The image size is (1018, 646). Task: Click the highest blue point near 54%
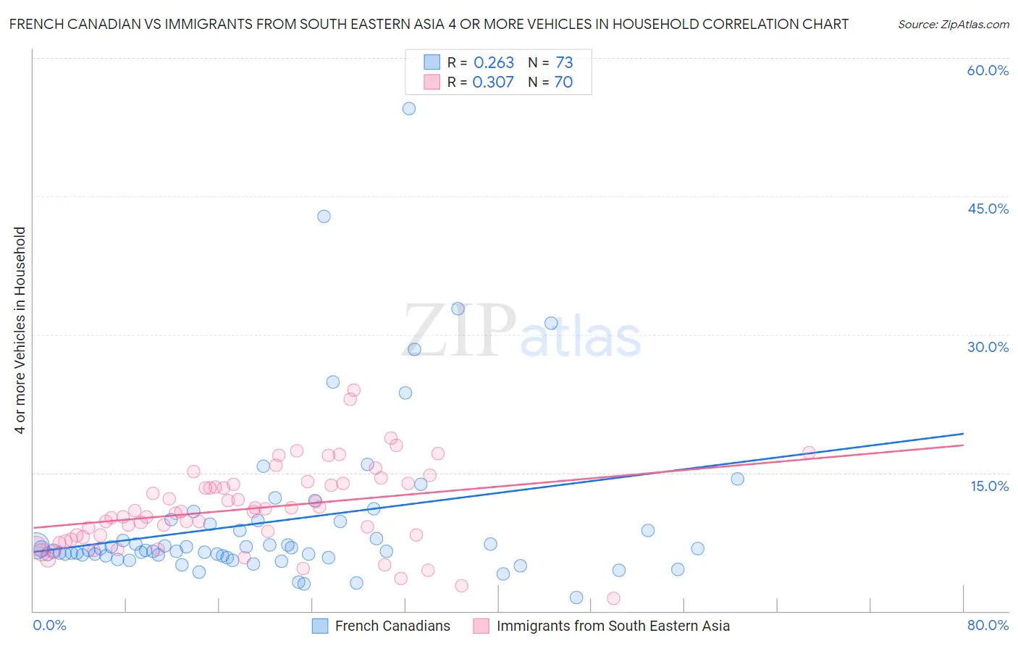pyautogui.click(x=409, y=109)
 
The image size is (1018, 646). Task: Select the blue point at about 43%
pyautogui.click(x=324, y=217)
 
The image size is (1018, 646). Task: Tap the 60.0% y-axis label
pyautogui.click(x=988, y=70)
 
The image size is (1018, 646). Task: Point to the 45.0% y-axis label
pyautogui.click(x=988, y=209)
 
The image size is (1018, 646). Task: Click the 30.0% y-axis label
pyautogui.click(x=988, y=347)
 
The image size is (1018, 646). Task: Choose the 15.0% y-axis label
pyautogui.click(x=989, y=486)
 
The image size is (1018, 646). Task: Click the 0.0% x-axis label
pyautogui.click(x=49, y=625)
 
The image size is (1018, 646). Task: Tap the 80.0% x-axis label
pyautogui.click(x=988, y=625)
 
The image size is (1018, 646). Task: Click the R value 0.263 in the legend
pyautogui.click(x=494, y=63)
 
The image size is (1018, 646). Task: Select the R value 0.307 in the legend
pyautogui.click(x=493, y=83)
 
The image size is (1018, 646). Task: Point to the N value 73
pyautogui.click(x=564, y=63)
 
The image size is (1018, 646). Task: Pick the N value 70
pyautogui.click(x=563, y=83)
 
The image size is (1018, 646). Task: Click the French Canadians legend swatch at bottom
pyautogui.click(x=320, y=626)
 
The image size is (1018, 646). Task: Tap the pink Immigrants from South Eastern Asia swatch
pyautogui.click(x=481, y=626)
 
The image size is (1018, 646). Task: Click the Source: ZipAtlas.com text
pyautogui.click(x=953, y=25)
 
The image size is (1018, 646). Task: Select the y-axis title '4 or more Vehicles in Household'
pyautogui.click(x=20, y=330)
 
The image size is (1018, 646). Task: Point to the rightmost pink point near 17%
pyautogui.click(x=809, y=453)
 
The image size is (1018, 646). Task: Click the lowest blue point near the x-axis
pyautogui.click(x=576, y=597)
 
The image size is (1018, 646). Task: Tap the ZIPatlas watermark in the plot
pyautogui.click(x=521, y=332)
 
